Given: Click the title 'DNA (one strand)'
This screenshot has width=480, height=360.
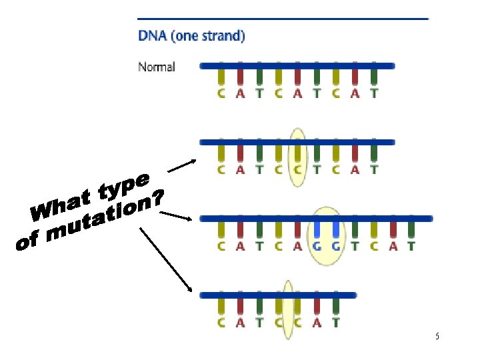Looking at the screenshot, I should coord(191,36).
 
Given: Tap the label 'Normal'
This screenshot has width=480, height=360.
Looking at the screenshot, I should coord(157,67).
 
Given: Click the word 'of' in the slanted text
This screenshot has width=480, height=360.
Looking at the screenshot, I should coord(28,243).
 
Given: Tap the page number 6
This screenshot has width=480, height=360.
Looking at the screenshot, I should coord(437,337).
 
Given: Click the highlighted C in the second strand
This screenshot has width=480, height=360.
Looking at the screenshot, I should coord(297,169).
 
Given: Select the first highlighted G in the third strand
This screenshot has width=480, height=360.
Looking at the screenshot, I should coord(317,246).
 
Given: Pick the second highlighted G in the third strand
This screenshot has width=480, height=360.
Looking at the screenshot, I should coord(337,246).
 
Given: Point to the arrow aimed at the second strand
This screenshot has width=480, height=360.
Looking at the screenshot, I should coord(181,167).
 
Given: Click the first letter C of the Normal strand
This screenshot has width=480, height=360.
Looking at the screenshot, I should coord(221,93).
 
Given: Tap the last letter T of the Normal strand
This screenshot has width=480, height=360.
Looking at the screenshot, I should coord(374,93).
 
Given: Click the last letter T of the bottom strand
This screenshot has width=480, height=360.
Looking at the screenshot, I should coord(335,323).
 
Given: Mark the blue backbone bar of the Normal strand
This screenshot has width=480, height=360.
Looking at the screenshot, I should coord(297,66).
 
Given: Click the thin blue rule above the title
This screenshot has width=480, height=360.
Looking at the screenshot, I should coord(283,19).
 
